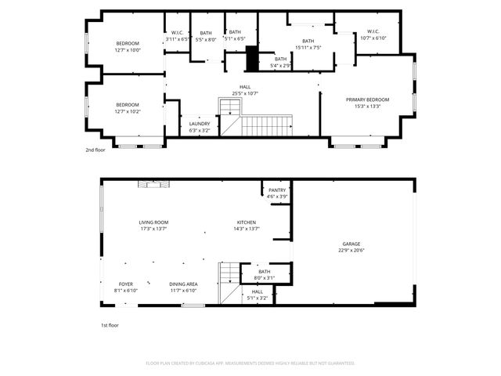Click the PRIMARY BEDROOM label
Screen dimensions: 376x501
367,99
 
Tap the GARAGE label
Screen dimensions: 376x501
351,244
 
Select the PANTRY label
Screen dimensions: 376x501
277,190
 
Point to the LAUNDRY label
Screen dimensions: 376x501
200,124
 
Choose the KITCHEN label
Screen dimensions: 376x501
247,222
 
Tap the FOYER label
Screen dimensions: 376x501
126,284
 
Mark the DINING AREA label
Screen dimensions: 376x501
183,284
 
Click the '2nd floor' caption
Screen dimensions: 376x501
95,150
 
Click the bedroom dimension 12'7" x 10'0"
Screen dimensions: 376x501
128,49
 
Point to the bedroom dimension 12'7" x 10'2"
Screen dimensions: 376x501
128,111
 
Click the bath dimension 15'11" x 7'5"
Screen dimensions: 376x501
308,47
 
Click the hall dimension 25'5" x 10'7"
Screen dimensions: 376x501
245,93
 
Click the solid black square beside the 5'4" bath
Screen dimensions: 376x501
252,59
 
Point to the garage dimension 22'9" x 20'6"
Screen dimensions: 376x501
351,250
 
